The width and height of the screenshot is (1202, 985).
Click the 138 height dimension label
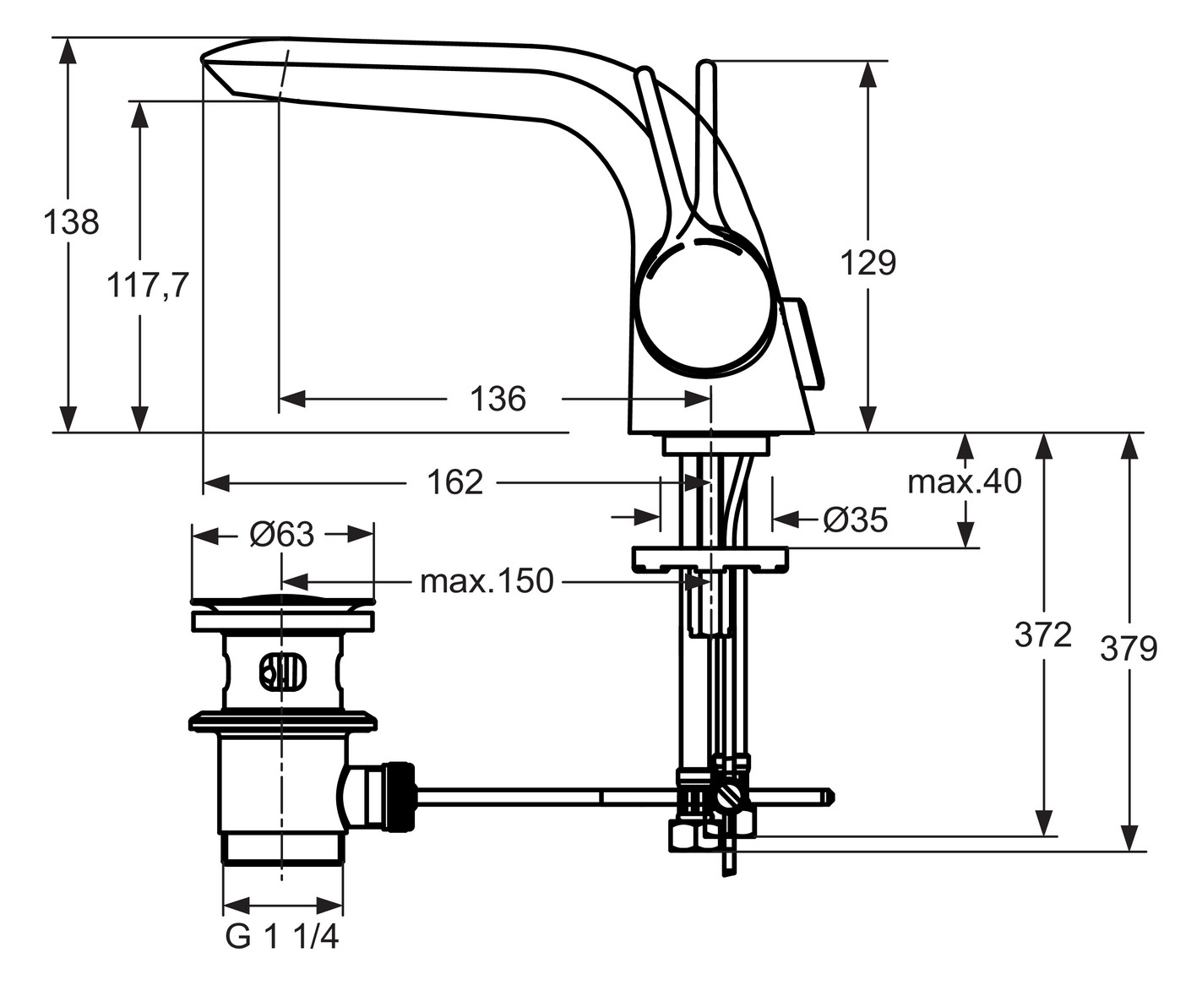coord(71,222)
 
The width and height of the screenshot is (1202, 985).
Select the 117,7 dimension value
coord(147,286)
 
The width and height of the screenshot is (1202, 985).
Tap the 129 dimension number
coord(868,263)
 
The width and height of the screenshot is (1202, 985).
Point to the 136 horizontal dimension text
coord(498,399)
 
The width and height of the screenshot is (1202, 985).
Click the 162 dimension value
coord(454,482)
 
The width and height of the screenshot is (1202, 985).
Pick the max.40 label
coord(964,482)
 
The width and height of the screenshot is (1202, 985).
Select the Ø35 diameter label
coord(855,520)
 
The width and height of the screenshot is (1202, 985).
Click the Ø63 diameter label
coord(282,534)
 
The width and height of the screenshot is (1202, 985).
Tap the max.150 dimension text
coord(487,581)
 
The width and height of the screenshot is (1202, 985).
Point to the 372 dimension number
coord(1043,634)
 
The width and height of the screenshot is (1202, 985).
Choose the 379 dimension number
coord(1129,649)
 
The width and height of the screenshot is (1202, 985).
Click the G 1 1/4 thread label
coord(282,936)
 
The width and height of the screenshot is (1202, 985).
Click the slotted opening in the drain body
coord(283,672)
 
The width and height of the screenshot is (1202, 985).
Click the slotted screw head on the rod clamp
coord(729,796)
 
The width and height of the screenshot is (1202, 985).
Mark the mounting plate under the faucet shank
coord(710,558)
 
